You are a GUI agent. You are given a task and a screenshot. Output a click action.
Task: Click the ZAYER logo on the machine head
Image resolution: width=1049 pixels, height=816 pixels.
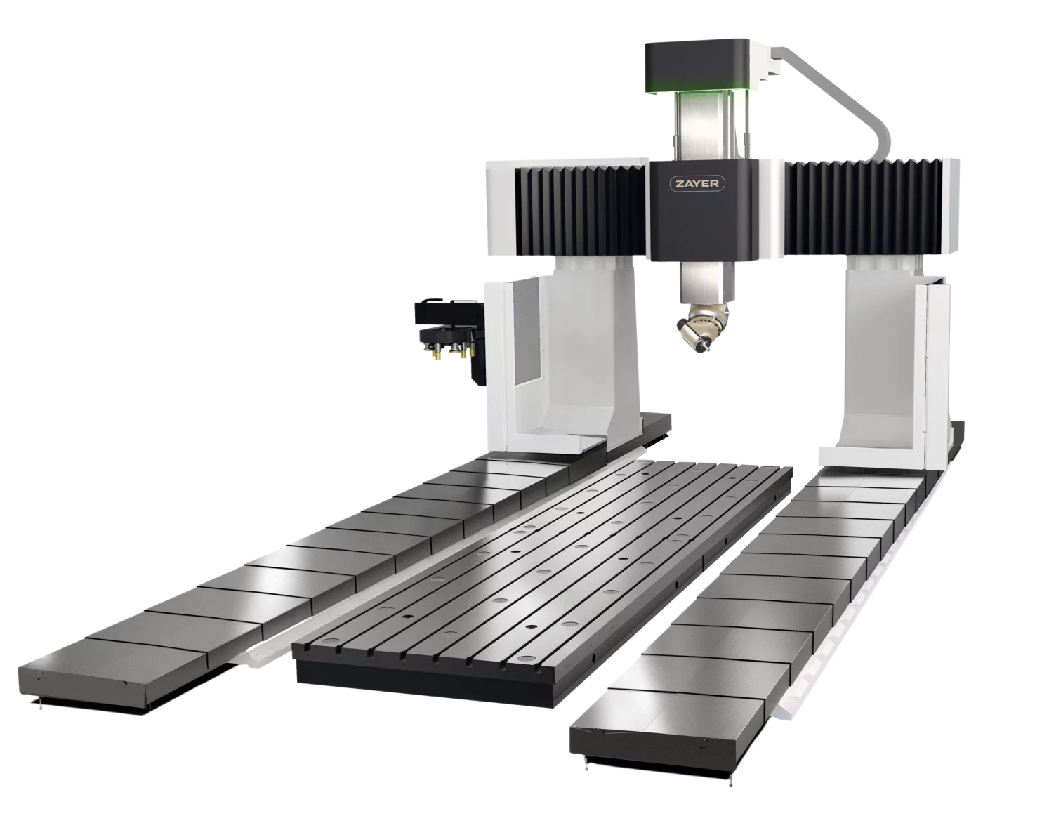coord(697,184)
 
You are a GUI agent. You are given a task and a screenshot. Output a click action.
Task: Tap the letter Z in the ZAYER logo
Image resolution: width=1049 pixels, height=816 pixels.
coord(680,184)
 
